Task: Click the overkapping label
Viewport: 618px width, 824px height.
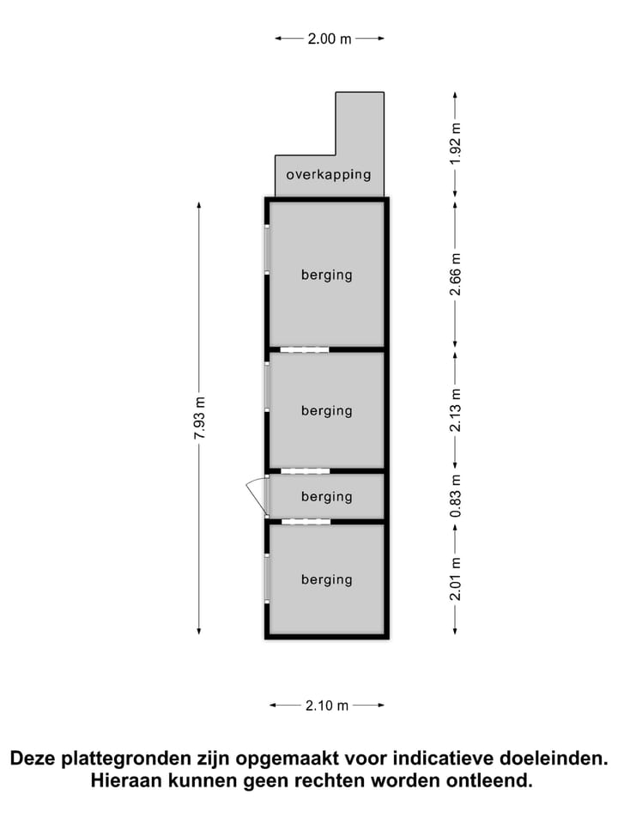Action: (329, 175)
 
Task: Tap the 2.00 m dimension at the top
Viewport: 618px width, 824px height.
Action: (330, 39)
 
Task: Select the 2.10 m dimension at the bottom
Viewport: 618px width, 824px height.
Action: (327, 706)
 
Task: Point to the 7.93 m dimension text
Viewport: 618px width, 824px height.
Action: (200, 418)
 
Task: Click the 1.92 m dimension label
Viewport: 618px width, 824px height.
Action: (455, 143)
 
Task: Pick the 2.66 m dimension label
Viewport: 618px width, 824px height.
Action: (455, 275)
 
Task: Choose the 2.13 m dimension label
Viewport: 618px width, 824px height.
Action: (455, 410)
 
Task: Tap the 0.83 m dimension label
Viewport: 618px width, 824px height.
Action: (455, 495)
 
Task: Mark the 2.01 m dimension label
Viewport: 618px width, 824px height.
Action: (455, 579)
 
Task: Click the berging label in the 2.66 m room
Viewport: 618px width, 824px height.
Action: (327, 276)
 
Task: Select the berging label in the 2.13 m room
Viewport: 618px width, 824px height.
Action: (327, 411)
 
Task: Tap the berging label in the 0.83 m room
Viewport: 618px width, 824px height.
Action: (327, 497)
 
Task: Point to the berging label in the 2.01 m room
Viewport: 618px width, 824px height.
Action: (327, 580)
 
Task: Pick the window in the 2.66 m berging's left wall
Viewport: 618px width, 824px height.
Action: (267, 250)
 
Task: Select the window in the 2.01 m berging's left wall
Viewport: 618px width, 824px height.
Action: (267, 578)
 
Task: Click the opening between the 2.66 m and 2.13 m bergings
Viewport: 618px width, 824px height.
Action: (304, 349)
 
